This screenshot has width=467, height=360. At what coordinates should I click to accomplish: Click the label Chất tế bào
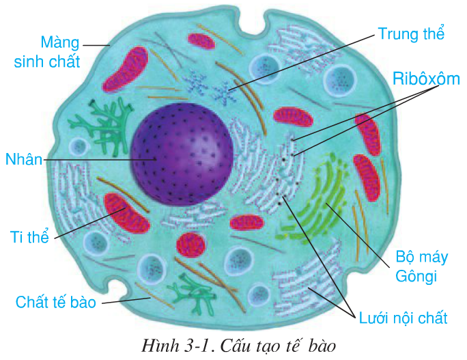coord(55,301)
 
